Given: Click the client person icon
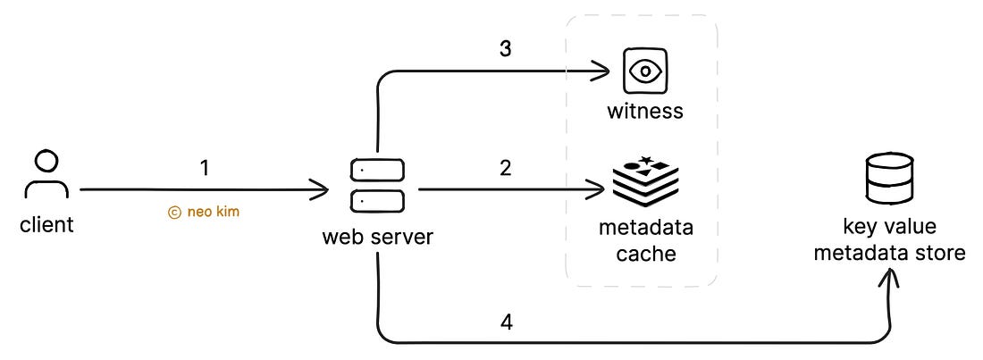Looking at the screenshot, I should pos(46,177).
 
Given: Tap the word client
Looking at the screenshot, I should pos(46,224).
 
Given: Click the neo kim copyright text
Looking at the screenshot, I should pos(204,213).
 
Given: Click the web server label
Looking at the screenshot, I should pos(377,239).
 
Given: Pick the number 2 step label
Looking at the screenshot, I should pos(505,167).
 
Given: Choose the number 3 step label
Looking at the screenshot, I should pos(505,49).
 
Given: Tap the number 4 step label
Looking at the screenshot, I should pos(505,322).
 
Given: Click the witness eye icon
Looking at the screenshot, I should pos(644,71).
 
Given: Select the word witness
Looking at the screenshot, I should pos(644,112).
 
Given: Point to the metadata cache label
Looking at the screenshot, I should pos(645,240).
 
